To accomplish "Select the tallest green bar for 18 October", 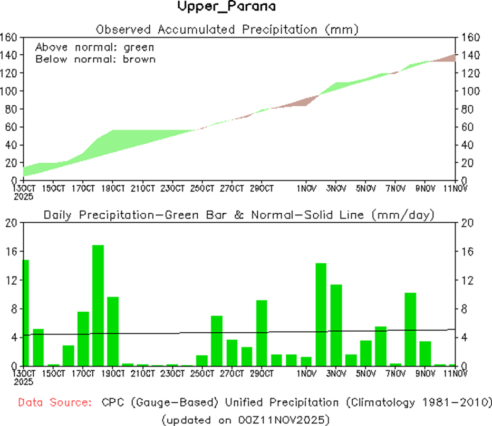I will pyautogui.click(x=98, y=305).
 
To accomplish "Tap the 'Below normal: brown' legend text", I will pyautogui.click(x=95, y=59).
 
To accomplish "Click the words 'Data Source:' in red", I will pyautogui.click(x=54, y=403).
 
